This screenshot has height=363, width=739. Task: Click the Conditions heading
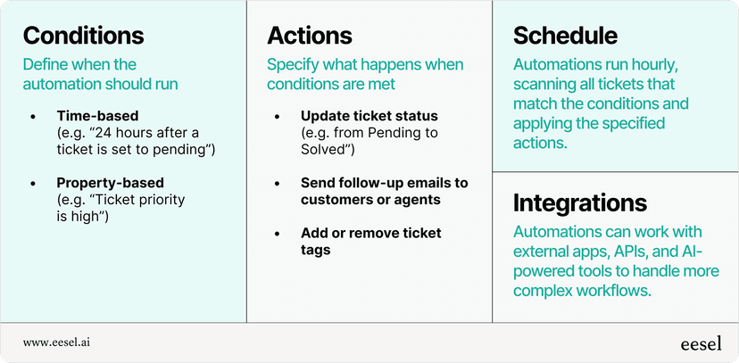[x=83, y=36]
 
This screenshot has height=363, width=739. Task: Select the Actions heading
[x=310, y=36]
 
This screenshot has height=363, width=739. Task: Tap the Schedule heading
[x=565, y=36]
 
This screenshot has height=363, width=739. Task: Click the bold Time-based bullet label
[x=94, y=116]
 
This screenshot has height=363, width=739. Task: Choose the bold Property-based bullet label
[x=109, y=183]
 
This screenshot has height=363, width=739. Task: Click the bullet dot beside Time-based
[x=34, y=116]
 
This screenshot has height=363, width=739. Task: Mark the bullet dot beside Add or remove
[x=279, y=234]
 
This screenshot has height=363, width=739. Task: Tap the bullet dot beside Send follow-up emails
[x=279, y=183]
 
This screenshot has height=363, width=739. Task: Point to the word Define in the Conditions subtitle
[x=45, y=64]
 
